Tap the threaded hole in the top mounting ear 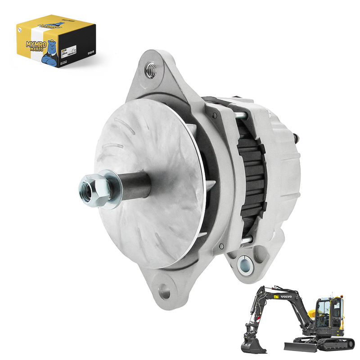tap(151, 68)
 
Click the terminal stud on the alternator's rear tap(297, 136)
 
